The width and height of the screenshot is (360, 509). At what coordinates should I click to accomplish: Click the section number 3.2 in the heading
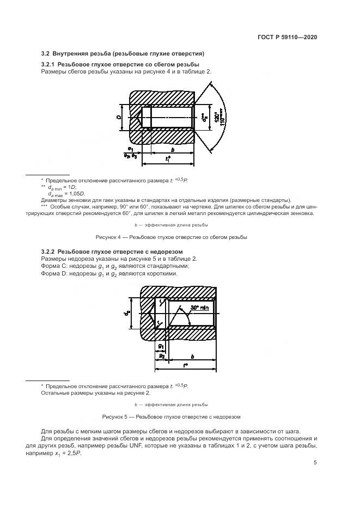46,54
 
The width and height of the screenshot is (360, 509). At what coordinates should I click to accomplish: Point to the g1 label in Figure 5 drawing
161,346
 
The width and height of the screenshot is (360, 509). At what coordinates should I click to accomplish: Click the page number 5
315,463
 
